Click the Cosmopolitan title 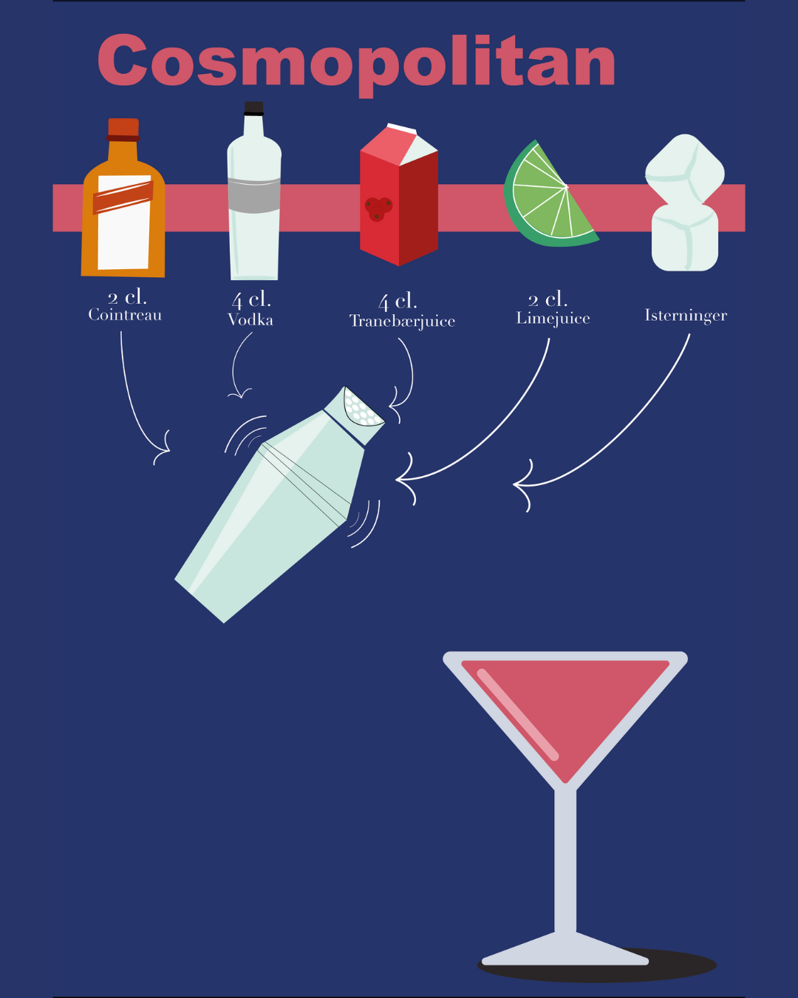tap(356, 61)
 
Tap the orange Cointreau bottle tap(123, 214)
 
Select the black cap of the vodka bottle tap(254, 108)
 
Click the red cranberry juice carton tap(398, 200)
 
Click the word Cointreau tap(125, 315)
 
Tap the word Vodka tap(250, 319)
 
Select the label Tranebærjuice tap(402, 321)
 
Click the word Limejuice tap(553, 319)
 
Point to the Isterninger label tap(686, 316)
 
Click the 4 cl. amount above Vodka tap(251, 299)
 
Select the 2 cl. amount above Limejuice tap(548, 299)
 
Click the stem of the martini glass tap(565, 858)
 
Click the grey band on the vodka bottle tap(254, 195)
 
